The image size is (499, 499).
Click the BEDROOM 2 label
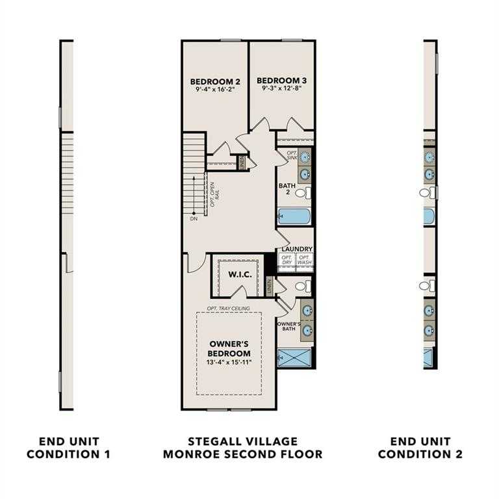click(215, 81)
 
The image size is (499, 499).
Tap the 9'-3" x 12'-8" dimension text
click(281, 88)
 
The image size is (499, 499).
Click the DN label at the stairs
click(194, 219)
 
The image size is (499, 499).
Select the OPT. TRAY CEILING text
click(231, 308)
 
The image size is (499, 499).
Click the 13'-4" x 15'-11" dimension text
click(229, 361)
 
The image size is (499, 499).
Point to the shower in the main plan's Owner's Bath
click(294, 357)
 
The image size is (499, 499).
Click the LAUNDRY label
click(297, 249)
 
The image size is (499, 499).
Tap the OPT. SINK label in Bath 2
click(292, 156)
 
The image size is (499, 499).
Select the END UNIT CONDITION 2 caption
click(420, 448)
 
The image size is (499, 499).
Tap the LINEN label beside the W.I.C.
click(269, 285)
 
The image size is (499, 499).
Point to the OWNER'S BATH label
click(288, 327)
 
